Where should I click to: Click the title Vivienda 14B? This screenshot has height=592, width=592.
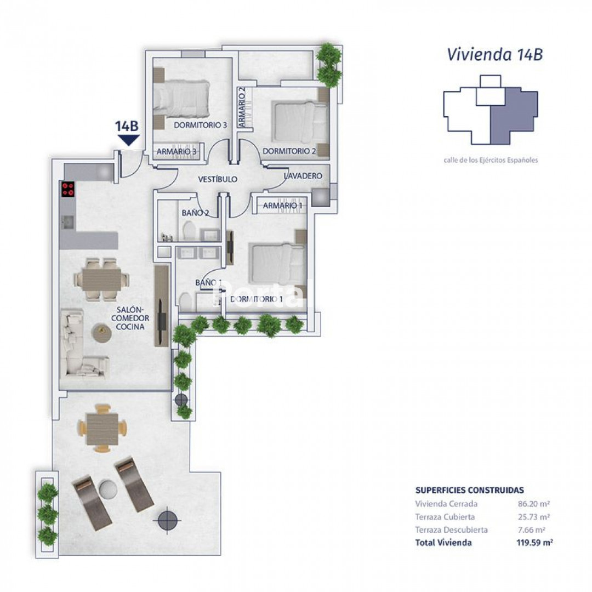pyautogui.click(x=494, y=54)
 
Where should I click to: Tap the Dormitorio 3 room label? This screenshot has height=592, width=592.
pyautogui.click(x=200, y=125)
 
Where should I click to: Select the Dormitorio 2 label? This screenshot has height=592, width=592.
pyautogui.click(x=289, y=151)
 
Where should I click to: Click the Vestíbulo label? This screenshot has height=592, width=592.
pyautogui.click(x=218, y=179)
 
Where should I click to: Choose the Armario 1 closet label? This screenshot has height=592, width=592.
pyautogui.click(x=283, y=206)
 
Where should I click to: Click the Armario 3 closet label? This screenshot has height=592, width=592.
pyautogui.click(x=177, y=151)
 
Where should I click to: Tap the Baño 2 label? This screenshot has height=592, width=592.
pyautogui.click(x=195, y=213)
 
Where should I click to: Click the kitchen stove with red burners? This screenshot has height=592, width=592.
pyautogui.click(x=68, y=189)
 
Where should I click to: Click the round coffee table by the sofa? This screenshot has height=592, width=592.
pyautogui.click(x=101, y=333)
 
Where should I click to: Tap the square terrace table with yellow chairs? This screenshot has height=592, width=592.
pyautogui.click(x=102, y=428)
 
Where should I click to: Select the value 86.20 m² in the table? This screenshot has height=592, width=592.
pyautogui.click(x=533, y=504)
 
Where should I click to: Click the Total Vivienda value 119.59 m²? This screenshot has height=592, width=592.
pyautogui.click(x=534, y=543)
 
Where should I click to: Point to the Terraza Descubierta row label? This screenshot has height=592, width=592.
pyautogui.click(x=452, y=530)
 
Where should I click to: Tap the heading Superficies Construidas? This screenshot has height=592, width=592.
pyautogui.click(x=470, y=490)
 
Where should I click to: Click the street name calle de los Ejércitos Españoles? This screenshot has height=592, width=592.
pyautogui.click(x=491, y=160)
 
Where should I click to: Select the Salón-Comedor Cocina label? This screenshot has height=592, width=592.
pyautogui.click(x=130, y=318)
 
